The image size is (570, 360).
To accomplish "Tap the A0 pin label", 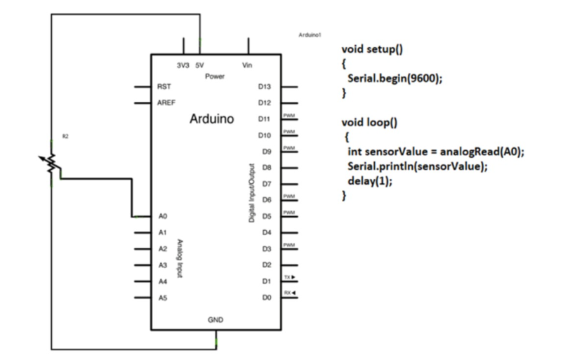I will [x=162, y=216].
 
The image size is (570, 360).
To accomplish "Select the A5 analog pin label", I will [x=162, y=298].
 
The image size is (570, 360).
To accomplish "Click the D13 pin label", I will [x=265, y=87].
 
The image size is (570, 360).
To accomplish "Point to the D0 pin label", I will [x=266, y=298].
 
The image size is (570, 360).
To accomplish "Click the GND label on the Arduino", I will [x=216, y=319].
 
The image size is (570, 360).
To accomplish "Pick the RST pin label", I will [x=164, y=87].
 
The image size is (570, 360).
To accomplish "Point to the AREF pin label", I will [x=165, y=103].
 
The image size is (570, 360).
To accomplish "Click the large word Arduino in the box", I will [x=211, y=119].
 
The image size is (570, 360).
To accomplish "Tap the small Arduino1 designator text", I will [x=310, y=34].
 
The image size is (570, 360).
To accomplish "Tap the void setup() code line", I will [x=376, y=50].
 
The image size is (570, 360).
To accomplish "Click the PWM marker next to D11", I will [x=288, y=116].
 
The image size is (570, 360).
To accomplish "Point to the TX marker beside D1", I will [x=288, y=279].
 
